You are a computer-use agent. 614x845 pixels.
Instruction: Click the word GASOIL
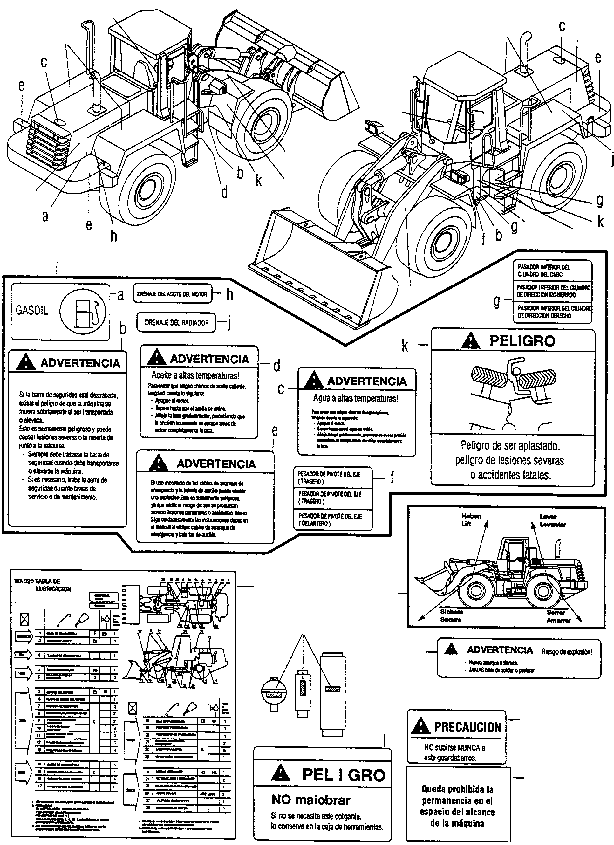32,310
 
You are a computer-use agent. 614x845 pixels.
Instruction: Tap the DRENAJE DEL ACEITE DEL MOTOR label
172,294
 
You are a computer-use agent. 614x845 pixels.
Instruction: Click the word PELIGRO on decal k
522,341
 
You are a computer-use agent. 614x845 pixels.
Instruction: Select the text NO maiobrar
311,800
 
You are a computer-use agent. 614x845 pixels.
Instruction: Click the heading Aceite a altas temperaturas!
195,375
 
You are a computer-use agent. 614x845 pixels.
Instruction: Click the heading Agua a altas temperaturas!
356,398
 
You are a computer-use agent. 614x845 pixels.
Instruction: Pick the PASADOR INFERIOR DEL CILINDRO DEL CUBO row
544,271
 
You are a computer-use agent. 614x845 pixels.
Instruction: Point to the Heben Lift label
471,520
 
